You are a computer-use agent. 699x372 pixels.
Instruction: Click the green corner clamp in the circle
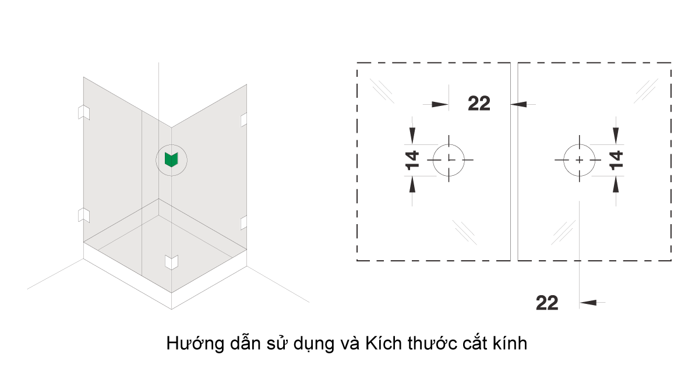[171, 160]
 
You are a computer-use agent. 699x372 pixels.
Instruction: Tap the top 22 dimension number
[479, 104]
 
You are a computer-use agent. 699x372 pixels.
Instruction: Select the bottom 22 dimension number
[547, 303]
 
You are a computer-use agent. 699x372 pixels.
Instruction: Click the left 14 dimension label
[412, 160]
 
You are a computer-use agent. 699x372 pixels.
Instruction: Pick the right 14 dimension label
[616, 160]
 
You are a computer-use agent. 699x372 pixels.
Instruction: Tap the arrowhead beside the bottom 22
[588, 303]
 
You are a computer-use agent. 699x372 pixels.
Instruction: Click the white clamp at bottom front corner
[171, 262]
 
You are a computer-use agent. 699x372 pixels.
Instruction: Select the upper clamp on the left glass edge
[84, 112]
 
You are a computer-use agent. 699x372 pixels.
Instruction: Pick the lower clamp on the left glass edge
[84, 215]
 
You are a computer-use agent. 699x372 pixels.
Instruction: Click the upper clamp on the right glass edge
[243, 120]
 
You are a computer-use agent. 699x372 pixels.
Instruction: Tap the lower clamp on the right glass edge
[243, 222]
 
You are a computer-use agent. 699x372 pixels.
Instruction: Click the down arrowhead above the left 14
[412, 136]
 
